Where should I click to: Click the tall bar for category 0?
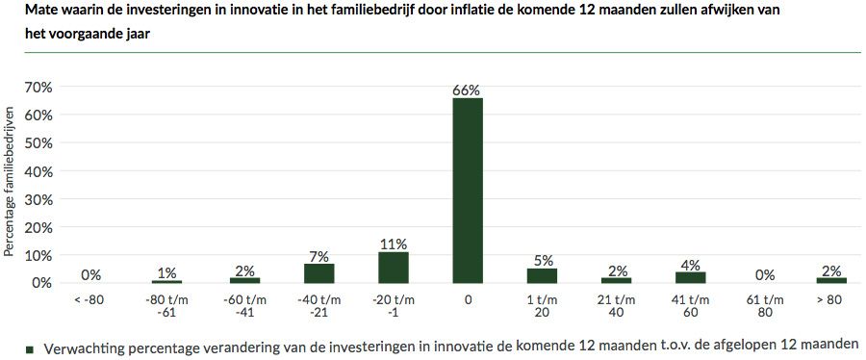[x=468, y=191]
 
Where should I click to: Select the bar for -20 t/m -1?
[x=393, y=268]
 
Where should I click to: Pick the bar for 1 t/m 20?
[x=542, y=275]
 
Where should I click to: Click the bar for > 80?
[x=831, y=280]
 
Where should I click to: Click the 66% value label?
[x=467, y=90]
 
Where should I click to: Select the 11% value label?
[x=393, y=244]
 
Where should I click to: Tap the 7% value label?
[x=318, y=256]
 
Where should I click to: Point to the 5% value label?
[x=542, y=261]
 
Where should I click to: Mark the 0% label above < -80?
[x=91, y=275]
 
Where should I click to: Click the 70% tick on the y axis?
[x=38, y=88]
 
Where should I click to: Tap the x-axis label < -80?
[x=91, y=300]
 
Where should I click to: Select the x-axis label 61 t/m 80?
[x=765, y=306]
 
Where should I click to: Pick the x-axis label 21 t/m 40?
[x=616, y=306]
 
